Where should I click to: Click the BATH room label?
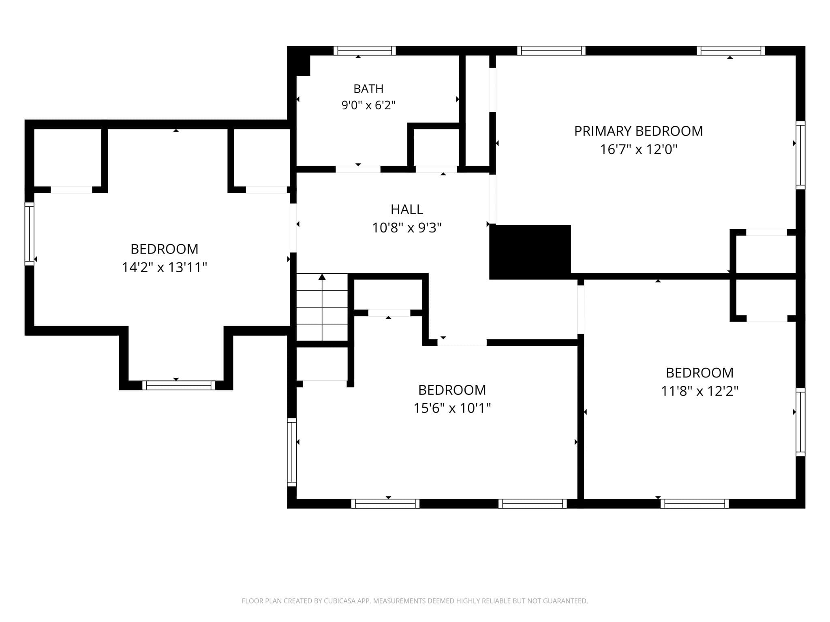pos(368,88)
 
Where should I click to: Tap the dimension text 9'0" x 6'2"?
pos(368,105)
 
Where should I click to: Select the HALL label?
pos(406,209)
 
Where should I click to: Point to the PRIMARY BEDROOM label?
pos(638,131)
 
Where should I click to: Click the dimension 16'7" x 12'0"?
pos(638,149)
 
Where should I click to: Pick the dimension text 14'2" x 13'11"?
pos(165,267)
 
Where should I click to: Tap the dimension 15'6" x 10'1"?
pos(452,408)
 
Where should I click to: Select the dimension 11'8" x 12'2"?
pos(700,391)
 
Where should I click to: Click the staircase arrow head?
pos(322,277)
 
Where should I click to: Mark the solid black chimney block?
pos(530,252)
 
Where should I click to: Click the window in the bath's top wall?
pos(365,51)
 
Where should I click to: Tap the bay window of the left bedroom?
pos(179,385)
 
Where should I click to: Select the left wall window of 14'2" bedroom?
pos(30,234)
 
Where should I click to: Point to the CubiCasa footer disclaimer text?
pos(415,601)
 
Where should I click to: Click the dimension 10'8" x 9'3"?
pos(406,228)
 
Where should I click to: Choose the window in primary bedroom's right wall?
pos(800,155)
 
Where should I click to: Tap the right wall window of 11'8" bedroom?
pos(800,422)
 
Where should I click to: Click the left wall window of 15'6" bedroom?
pos(292,452)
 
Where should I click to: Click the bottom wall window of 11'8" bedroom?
pos(695,503)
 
